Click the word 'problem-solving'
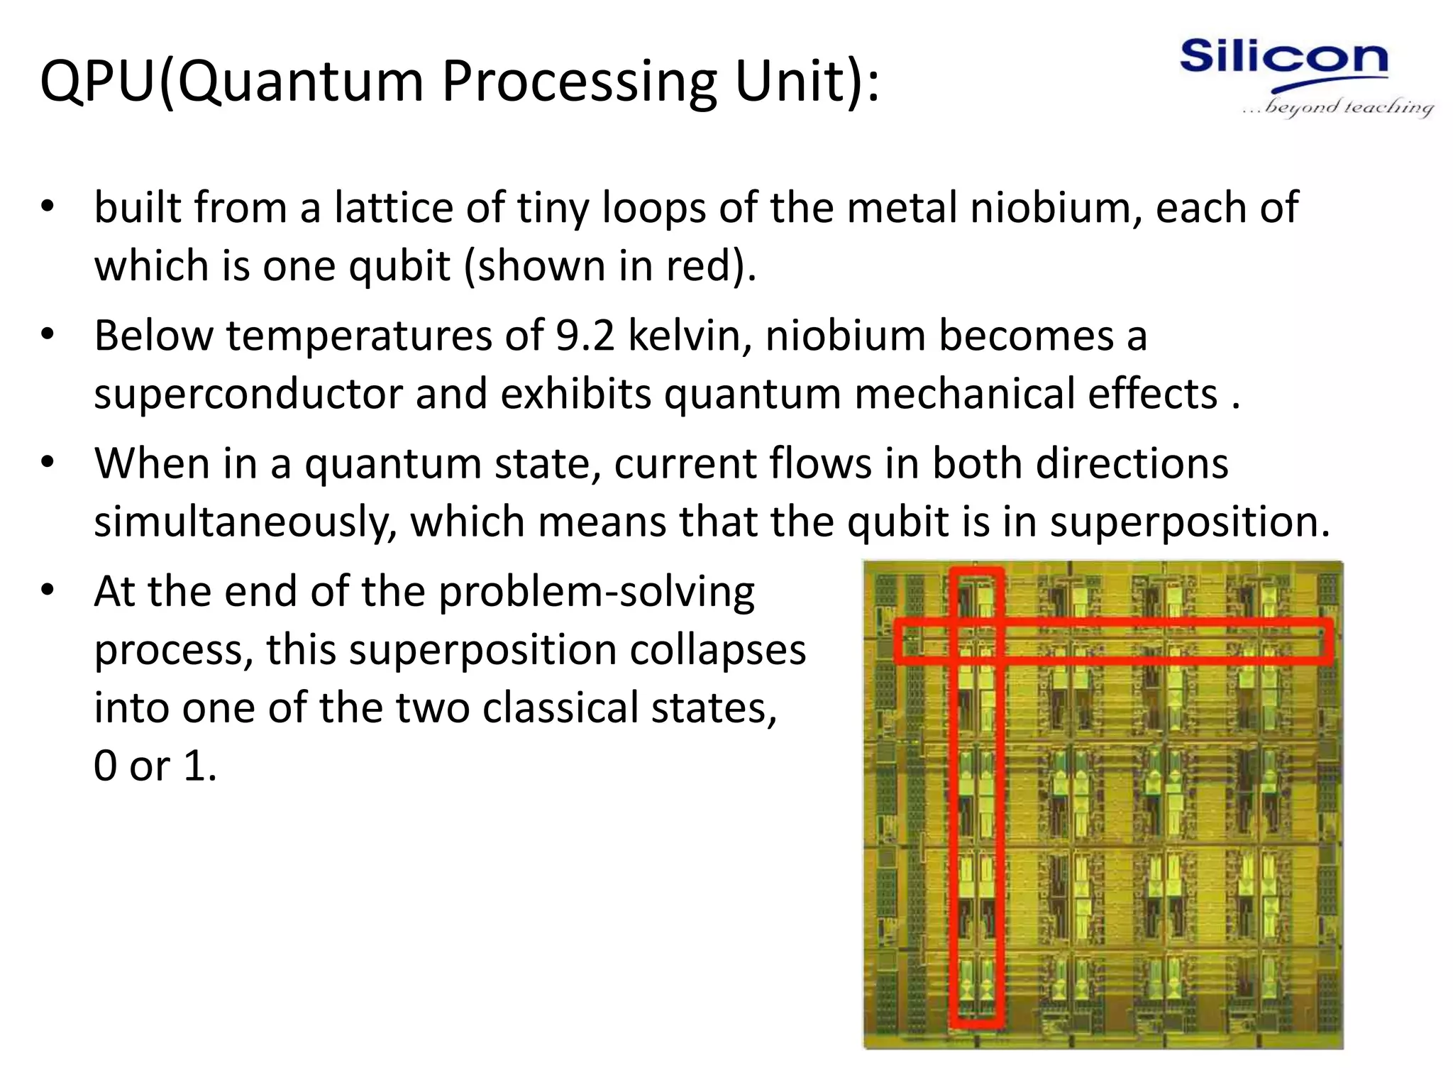[597, 592]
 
